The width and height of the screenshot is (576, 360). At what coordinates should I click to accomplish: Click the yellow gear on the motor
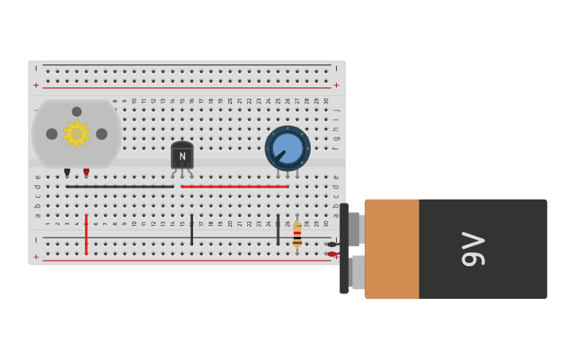pos(76,134)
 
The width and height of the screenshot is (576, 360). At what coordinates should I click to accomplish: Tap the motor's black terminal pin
pos(68,172)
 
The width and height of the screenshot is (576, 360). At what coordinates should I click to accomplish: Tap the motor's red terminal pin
pos(87,172)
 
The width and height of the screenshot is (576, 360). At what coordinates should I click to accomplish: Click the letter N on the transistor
pos(182,157)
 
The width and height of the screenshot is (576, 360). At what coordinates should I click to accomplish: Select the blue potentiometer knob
pos(288,149)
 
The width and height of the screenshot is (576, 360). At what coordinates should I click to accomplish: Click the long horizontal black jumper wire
pos(119,187)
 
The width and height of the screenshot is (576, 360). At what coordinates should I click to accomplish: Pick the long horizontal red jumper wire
pos(234,187)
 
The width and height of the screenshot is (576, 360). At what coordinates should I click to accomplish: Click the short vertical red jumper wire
pos(87,234)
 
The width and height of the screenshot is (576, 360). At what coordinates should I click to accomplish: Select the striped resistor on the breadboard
pos(297,234)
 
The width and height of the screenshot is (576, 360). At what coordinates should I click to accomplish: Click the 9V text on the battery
pos(473,249)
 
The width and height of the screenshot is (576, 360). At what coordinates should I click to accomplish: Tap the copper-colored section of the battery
pos(392,249)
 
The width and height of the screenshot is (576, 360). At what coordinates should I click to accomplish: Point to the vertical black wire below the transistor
pos(191,230)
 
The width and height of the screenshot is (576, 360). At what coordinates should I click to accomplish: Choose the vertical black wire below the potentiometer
pos(278,230)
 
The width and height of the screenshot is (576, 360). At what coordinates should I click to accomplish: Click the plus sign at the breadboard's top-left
pos(36,85)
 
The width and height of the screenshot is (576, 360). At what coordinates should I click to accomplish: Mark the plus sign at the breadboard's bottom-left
pos(36,257)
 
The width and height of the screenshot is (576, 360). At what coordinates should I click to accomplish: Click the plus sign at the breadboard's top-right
pos(336,85)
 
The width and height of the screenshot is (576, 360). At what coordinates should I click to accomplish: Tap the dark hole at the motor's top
pos(76,112)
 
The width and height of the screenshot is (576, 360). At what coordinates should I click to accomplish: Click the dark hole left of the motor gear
pos(52,134)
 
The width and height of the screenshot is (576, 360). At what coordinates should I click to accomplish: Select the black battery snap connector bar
pos(344,249)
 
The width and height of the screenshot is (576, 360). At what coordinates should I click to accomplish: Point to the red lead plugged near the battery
pos(332,254)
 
